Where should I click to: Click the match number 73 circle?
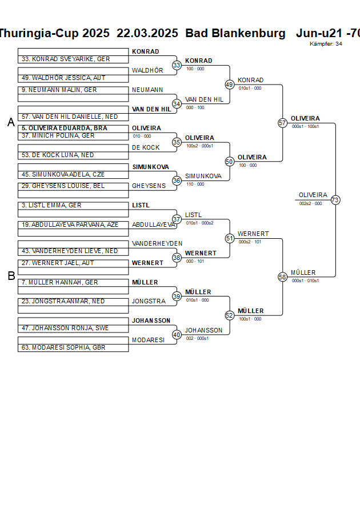pyautogui.click(x=335, y=200)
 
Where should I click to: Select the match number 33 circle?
pyautogui.click(x=177, y=66)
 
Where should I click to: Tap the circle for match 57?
pyautogui.click(x=282, y=123)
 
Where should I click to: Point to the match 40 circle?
pyautogui.click(x=177, y=335)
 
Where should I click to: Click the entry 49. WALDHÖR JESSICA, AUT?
pyautogui.click(x=64, y=78)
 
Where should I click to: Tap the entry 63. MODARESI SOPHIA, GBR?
pyautogui.click(x=63, y=347)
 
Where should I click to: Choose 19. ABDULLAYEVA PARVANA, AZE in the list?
pyautogui.click(x=70, y=225)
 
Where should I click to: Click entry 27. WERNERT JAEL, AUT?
pyautogui.click(x=58, y=263)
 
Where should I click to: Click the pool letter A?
pyautogui.click(x=11, y=122)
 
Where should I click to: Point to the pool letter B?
pyautogui.click(x=11, y=276)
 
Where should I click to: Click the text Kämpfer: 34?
pyautogui.click(x=326, y=44)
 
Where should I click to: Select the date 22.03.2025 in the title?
pyautogui.click(x=147, y=33)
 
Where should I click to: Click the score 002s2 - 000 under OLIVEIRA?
pyautogui.click(x=311, y=203)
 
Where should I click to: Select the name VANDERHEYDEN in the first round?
pyautogui.click(x=157, y=243)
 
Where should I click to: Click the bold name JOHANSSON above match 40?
pyautogui.click(x=151, y=320)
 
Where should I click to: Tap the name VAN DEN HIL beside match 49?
pyautogui.click(x=204, y=99)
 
